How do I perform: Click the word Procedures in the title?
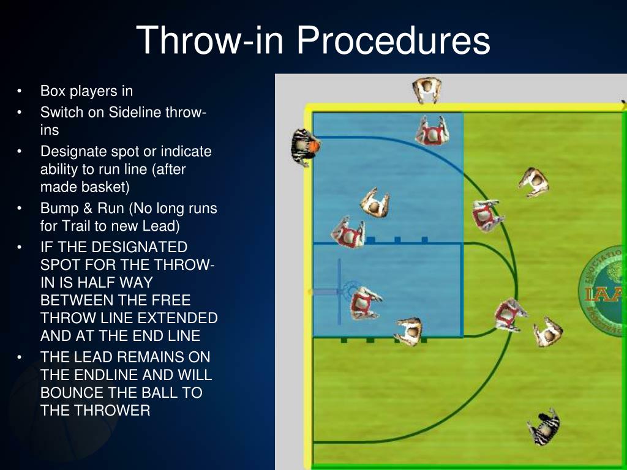click(394, 41)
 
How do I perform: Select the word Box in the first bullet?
click(52, 91)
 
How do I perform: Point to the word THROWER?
click(112, 410)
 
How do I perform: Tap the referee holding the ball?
click(302, 147)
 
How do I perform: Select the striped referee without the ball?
click(543, 427)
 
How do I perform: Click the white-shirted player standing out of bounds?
click(427, 90)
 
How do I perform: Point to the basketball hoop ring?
click(351, 289)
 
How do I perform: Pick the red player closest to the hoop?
click(364, 302)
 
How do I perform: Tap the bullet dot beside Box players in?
click(20, 92)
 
